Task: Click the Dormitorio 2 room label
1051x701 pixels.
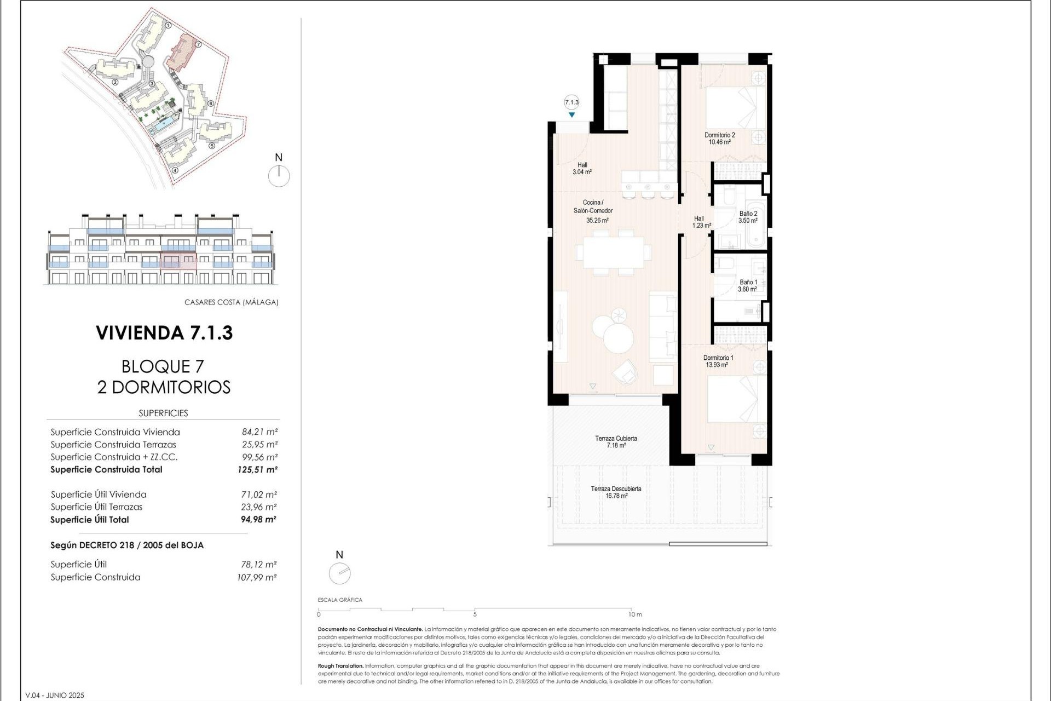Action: (x=719, y=139)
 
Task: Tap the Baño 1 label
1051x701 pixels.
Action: (x=748, y=286)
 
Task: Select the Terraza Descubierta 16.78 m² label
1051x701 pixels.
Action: (x=616, y=492)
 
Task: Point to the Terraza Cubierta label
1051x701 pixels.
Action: (x=616, y=442)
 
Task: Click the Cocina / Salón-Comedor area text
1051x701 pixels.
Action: (x=593, y=211)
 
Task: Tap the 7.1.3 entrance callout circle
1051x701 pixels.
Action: (x=571, y=102)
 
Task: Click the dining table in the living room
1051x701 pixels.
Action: (x=613, y=252)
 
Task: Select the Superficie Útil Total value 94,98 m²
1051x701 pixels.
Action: (x=258, y=520)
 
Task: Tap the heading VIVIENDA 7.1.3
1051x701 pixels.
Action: (x=164, y=333)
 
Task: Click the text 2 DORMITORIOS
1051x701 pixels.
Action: (x=164, y=387)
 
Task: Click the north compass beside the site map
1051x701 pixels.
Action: (x=279, y=176)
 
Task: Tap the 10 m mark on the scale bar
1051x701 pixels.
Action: (x=634, y=614)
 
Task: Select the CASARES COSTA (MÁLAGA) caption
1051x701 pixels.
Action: (x=231, y=302)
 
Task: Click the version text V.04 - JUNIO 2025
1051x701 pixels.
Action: (x=55, y=696)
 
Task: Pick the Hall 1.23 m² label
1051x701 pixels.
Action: (x=701, y=222)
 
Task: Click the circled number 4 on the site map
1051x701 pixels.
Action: (x=175, y=170)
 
